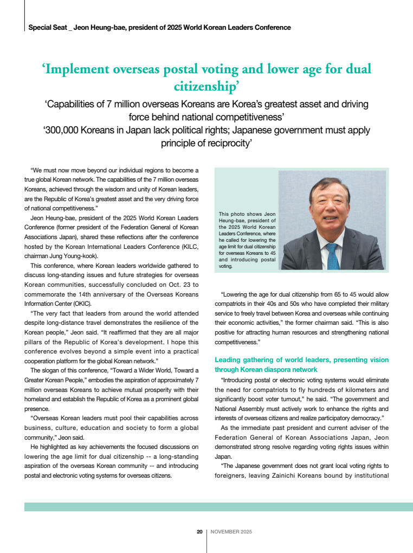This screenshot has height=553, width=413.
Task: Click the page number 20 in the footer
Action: click(x=199, y=532)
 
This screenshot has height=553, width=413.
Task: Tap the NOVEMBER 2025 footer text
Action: click(x=231, y=532)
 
